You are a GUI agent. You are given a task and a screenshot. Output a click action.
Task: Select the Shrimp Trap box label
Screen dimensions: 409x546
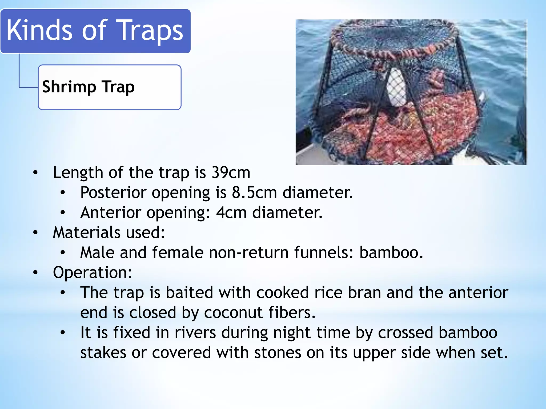[88, 87]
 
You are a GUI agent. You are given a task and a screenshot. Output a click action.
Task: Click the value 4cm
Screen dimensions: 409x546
[231, 212]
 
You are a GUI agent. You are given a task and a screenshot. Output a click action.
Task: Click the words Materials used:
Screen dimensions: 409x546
[109, 232]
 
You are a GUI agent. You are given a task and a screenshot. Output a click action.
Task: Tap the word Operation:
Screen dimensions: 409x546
[92, 272]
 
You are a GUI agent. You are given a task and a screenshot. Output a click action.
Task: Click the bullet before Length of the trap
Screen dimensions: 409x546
[35, 173]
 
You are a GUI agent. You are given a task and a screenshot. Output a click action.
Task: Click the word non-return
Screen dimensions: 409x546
[248, 252]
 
